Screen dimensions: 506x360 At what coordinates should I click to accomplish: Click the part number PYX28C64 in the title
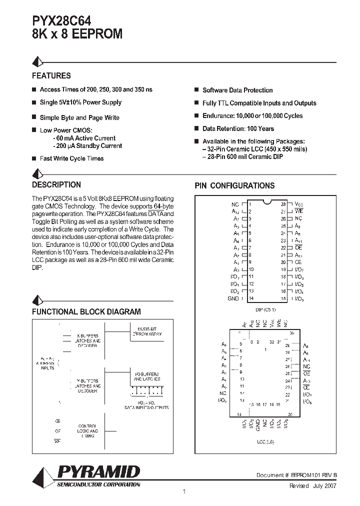click(x=62, y=21)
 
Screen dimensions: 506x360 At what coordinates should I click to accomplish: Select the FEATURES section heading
click(x=51, y=76)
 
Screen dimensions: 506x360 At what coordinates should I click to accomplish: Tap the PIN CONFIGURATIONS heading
click(x=234, y=185)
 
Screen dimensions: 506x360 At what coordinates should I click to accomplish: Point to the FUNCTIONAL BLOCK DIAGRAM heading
click(x=86, y=311)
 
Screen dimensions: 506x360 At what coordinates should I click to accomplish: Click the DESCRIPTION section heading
click(x=56, y=184)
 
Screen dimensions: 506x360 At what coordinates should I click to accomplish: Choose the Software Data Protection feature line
click(x=237, y=90)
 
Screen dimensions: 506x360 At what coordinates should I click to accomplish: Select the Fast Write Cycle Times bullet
click(x=71, y=158)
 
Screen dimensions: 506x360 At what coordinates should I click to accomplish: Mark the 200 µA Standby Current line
click(x=87, y=146)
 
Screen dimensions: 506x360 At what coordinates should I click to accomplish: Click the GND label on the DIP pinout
click(x=233, y=298)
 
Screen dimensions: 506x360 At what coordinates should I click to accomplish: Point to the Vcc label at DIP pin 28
click(x=298, y=204)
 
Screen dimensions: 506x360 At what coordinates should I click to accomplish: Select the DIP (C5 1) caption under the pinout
click(x=265, y=309)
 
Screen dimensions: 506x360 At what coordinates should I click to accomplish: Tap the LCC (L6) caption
click(x=265, y=441)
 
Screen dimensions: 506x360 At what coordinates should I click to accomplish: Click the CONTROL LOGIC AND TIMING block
click(x=88, y=431)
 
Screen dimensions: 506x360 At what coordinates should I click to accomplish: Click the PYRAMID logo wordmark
click(x=98, y=472)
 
